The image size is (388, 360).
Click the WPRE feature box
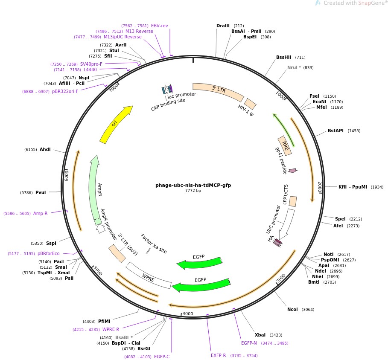[148, 275]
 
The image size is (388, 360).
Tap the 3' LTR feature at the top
[218, 90]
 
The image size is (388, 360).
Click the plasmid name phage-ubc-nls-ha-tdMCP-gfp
[193, 185]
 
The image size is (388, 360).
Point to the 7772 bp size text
[193, 191]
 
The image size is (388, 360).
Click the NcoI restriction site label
[292, 309]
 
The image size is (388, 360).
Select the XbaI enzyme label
[260, 335]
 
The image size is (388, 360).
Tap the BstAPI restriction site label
[335, 131]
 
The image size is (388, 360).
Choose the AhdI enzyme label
[45, 149]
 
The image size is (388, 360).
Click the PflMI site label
[104, 321]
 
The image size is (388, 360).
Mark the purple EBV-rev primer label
[160, 26]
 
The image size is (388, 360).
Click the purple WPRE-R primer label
[111, 329]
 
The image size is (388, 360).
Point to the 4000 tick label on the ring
[188, 314]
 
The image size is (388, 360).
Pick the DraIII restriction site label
[223, 26]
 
